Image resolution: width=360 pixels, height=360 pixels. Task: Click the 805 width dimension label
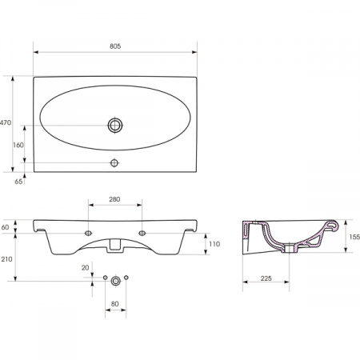click(x=115, y=46)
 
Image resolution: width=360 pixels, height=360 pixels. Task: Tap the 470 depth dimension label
click(x=6, y=122)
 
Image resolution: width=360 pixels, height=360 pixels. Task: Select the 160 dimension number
click(x=18, y=145)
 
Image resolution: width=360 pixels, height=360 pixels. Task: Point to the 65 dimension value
click(x=18, y=182)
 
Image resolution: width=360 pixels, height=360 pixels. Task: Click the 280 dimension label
click(x=114, y=199)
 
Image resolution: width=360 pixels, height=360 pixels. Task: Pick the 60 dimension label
click(x=5, y=227)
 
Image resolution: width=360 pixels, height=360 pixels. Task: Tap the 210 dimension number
click(x=6, y=259)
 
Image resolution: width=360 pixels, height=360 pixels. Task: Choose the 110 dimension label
click(x=214, y=244)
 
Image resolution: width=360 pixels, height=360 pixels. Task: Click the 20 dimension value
click(x=85, y=268)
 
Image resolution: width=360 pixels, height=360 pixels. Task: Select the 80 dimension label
click(x=114, y=304)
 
